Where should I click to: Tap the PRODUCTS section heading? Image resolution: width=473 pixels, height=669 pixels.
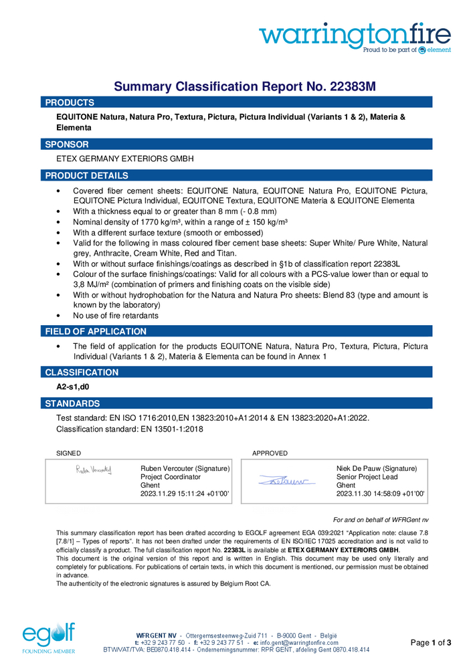[70, 102]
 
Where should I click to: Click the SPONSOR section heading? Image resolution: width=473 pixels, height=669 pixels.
[67, 144]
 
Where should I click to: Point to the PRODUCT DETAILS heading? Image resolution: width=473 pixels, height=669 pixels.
[86, 175]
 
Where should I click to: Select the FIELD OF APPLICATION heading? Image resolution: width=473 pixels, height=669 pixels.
[96, 331]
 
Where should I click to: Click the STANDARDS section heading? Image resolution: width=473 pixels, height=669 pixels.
[72, 403]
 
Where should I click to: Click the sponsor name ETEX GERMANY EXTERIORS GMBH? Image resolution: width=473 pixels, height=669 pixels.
[125, 159]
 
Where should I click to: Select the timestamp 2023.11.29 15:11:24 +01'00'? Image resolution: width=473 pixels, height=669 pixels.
[185, 494]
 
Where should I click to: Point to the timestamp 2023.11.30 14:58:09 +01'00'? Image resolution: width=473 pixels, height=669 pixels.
[381, 494]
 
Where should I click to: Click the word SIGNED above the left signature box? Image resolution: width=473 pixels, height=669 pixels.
[68, 454]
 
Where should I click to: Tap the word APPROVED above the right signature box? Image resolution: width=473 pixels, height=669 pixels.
[270, 454]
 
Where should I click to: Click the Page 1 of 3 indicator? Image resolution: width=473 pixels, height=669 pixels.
[431, 643]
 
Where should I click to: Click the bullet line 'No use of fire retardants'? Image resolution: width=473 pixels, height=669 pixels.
[116, 315]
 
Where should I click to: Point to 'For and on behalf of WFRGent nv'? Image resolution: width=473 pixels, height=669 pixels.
[381, 520]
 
